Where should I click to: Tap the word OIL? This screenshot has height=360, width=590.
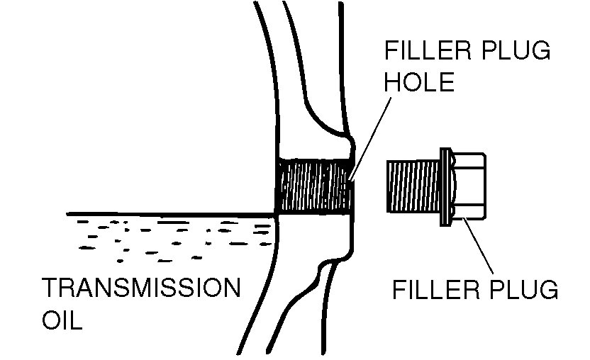[x=63, y=320]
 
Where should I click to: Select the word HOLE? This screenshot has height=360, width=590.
[x=418, y=82]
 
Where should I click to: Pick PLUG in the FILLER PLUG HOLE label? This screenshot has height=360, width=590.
[x=515, y=52]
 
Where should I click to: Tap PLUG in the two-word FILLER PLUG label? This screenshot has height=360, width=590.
[x=524, y=289]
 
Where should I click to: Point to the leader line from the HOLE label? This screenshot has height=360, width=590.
[x=371, y=135]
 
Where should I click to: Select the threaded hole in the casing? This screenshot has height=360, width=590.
[x=313, y=186]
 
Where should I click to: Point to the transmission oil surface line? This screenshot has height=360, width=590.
[x=170, y=213]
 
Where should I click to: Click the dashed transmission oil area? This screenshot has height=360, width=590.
[x=170, y=234]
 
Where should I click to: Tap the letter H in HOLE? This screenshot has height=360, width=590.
[x=393, y=82]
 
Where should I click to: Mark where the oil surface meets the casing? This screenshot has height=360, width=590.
[x=275, y=213]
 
